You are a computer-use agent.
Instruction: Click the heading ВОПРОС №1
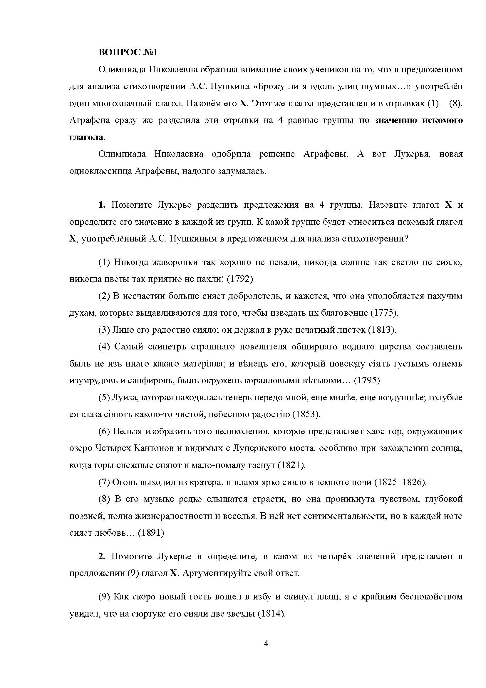[128, 52]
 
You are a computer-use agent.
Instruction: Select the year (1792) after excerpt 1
[240, 279]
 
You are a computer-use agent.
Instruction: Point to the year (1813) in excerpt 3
[382, 330]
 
